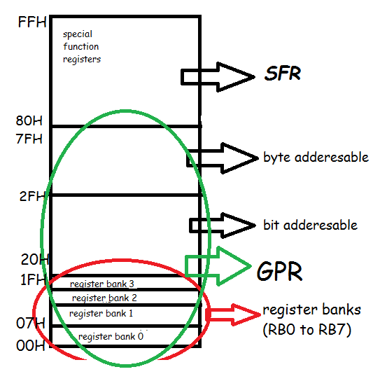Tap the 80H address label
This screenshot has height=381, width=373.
tap(30, 120)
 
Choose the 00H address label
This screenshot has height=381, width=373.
tap(31, 345)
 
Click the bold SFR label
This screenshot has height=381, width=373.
tap(283, 74)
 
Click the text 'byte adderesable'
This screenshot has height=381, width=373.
tap(316, 157)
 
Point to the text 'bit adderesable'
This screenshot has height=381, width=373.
tap(310, 225)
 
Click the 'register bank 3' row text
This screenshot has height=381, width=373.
tap(102, 284)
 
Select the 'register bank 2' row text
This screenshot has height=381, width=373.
tap(105, 298)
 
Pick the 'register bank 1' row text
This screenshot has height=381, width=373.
tap(101, 313)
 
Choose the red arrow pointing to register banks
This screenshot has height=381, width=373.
tap(231, 314)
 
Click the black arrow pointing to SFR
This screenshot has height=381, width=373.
tap(218, 76)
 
